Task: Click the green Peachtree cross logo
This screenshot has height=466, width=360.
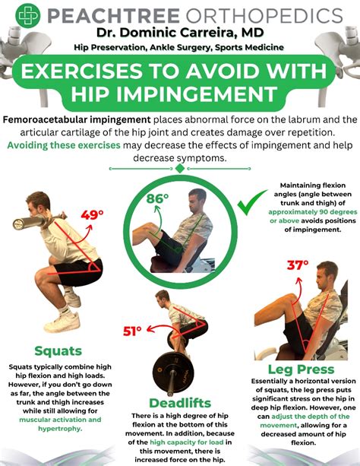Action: (27, 15)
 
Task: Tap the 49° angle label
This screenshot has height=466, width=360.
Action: (93, 214)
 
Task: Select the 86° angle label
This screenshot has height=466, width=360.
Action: (157, 198)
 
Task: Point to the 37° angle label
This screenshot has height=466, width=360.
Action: (298, 265)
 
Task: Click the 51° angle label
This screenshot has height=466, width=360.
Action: (132, 331)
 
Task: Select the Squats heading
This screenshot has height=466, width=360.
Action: (58, 350)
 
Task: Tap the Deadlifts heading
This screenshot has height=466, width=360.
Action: (180, 403)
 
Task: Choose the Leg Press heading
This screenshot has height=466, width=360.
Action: (302, 369)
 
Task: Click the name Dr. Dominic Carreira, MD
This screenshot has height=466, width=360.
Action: (180, 33)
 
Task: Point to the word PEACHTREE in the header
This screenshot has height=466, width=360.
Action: (113, 15)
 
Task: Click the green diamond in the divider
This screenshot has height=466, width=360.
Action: (180, 169)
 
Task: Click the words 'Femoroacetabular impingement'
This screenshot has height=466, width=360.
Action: (77, 120)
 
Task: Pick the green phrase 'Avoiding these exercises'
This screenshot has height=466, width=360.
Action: (64, 145)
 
